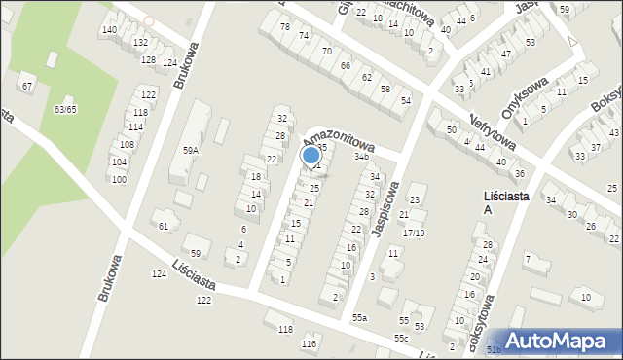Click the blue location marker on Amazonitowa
[x=311, y=155]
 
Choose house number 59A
[x=190, y=150]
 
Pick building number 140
[x=109, y=30]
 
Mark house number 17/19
[x=415, y=234]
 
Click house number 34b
[x=362, y=156]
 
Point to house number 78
[x=285, y=26]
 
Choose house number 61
[x=164, y=226]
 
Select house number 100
[x=119, y=180]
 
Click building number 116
[x=310, y=344]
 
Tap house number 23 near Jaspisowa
[x=415, y=200]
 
